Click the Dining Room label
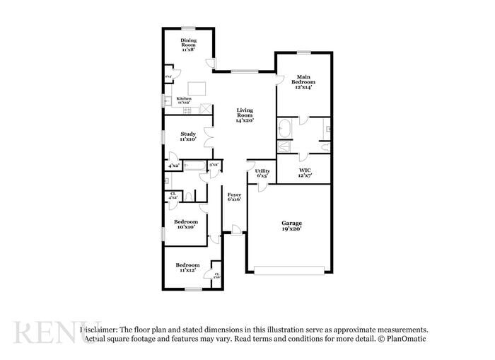(188, 45)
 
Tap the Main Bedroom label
(303, 81)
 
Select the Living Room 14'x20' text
(245, 115)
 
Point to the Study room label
(187, 136)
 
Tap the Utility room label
(262, 173)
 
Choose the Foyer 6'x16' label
(234, 197)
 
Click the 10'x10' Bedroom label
(187, 224)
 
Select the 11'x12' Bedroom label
(187, 267)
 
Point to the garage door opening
(290, 269)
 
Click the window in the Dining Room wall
(187, 28)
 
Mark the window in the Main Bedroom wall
(303, 52)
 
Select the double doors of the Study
(208, 136)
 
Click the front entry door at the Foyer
(234, 231)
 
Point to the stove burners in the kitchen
(188, 109)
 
